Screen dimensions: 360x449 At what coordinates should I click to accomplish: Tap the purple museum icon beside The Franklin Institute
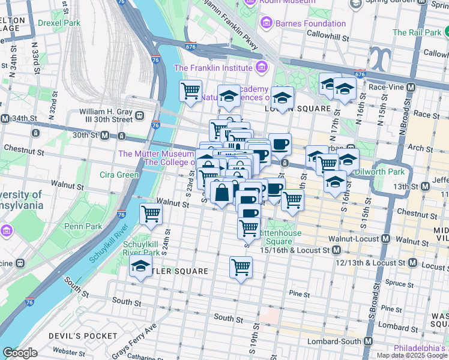point(261,68)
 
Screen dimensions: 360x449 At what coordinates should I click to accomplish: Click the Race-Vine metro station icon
point(411,87)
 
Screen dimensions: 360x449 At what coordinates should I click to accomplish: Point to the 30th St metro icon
point(104,136)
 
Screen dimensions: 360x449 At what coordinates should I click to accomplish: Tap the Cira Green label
point(119,175)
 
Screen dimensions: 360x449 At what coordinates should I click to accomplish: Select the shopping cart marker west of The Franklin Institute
point(190,91)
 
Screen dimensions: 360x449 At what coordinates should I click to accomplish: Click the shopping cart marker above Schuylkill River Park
point(151,213)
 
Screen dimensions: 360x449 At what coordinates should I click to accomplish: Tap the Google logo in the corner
point(20,353)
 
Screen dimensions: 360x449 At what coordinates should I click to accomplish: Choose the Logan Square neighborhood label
point(298,109)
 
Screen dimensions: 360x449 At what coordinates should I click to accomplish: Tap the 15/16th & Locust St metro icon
point(336,250)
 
